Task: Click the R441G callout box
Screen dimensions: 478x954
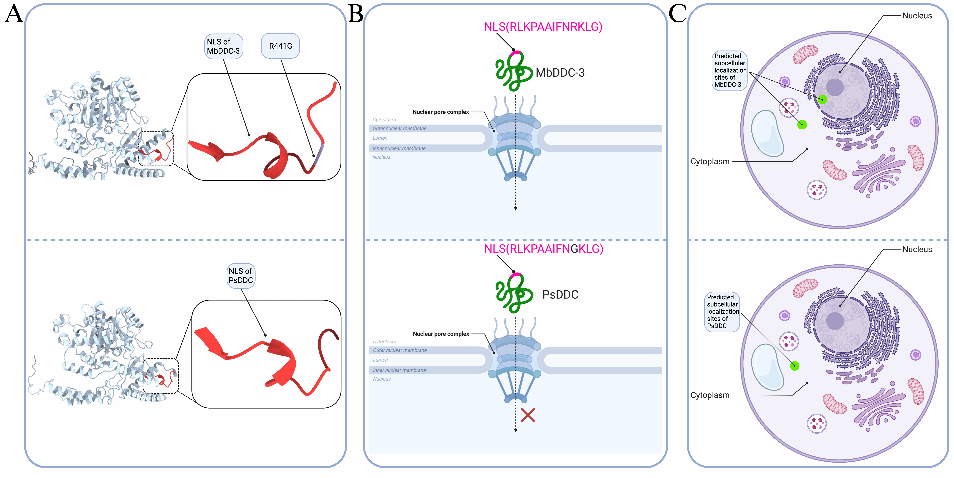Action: [x=280, y=46]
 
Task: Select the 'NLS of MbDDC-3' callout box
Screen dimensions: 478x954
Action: [x=223, y=46]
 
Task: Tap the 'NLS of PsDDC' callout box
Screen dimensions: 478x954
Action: [x=241, y=275]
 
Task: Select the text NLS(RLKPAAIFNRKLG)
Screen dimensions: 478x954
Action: [x=543, y=27]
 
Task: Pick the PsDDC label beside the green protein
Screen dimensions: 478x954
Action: [x=560, y=295]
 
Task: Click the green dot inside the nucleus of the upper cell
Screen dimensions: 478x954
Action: [x=822, y=99]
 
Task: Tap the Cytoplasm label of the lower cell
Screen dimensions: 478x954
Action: [x=710, y=395]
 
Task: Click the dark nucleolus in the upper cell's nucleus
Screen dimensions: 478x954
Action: [x=835, y=87]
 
